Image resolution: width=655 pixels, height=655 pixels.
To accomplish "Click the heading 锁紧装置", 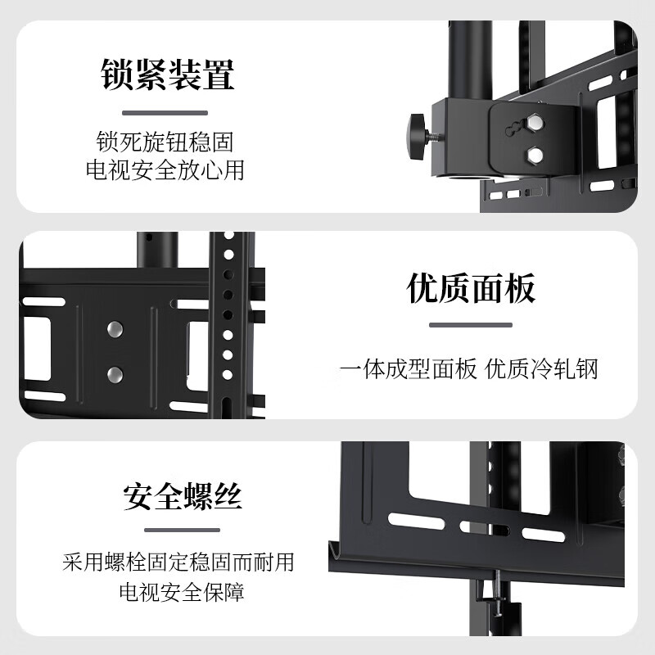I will click(168, 74).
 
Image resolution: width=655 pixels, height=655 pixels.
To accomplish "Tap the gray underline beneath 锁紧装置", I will click(166, 113).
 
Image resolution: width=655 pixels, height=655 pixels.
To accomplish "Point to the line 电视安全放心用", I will click(165, 170).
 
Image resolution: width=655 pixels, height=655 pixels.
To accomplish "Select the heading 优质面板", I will click(472, 289).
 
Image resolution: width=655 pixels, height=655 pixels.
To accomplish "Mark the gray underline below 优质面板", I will click(471, 325).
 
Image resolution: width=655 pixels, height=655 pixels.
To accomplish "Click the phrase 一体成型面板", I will click(408, 368).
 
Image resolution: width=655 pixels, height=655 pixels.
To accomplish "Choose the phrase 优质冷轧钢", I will click(542, 368).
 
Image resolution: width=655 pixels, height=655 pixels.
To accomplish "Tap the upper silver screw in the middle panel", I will click(115, 329).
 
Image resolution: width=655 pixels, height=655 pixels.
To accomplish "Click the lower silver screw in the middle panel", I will click(115, 375).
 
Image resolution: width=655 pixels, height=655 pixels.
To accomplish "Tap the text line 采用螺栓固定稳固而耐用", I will click(178, 562).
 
